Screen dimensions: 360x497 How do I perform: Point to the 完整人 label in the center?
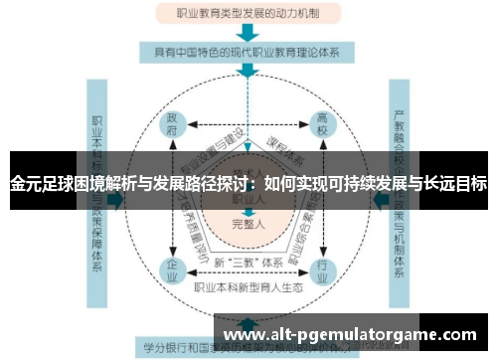click(248, 223)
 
